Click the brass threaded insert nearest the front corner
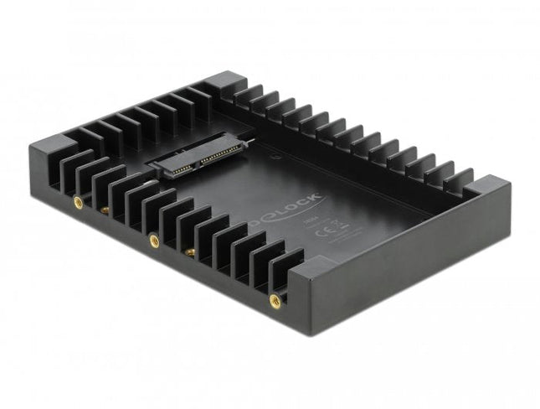(274, 298)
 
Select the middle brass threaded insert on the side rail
(154, 241)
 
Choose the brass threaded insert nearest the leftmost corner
(78, 202)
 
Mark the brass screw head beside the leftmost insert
(105, 209)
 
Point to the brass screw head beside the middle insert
(190, 251)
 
